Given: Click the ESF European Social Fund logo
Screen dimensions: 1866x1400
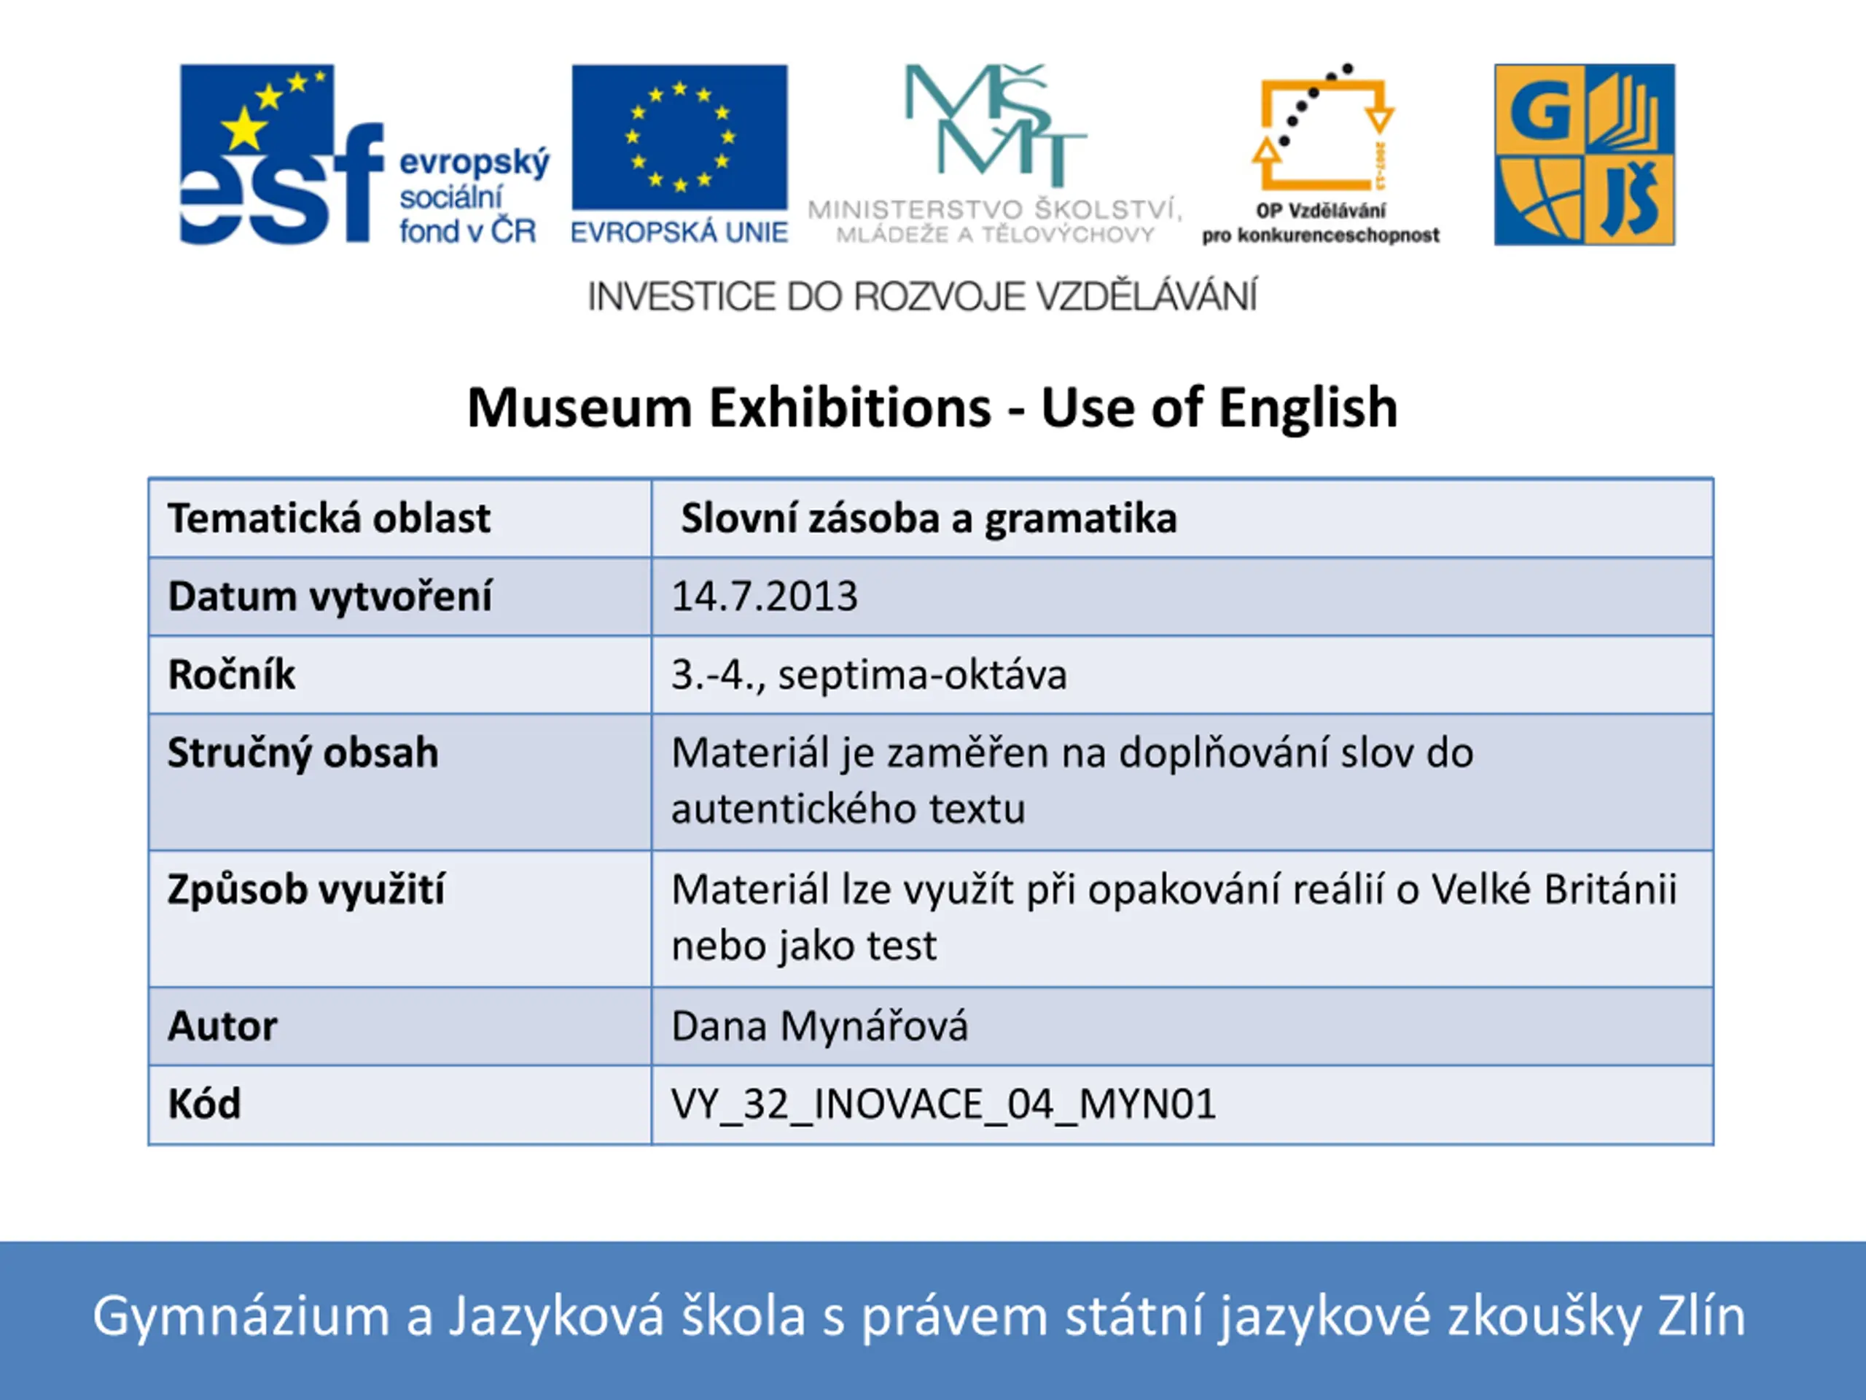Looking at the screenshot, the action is tap(364, 155).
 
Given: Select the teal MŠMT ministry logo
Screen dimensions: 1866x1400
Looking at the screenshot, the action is tap(993, 155).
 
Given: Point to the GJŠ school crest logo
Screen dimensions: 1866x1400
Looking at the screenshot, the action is tap(1584, 155).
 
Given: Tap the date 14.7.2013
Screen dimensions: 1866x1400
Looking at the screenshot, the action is tap(765, 596).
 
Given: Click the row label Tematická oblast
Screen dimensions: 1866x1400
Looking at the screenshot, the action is tap(329, 518).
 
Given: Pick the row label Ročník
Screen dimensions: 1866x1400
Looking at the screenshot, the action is tap(231, 674).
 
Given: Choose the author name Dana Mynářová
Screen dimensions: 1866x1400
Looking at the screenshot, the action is tap(819, 1026).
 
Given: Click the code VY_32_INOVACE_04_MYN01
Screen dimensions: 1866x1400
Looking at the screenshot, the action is tap(944, 1105).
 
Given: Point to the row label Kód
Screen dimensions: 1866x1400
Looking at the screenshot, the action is tap(204, 1104).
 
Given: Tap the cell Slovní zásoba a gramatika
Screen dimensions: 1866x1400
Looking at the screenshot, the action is tap(929, 518).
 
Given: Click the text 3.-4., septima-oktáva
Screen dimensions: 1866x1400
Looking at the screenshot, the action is tap(869, 675).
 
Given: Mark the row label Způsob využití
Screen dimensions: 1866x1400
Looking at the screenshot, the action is tap(305, 890).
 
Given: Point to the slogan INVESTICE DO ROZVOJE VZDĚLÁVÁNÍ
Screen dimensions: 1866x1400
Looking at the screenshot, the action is tap(922, 296).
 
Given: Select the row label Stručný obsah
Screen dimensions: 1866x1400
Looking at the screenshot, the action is tap(302, 752).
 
